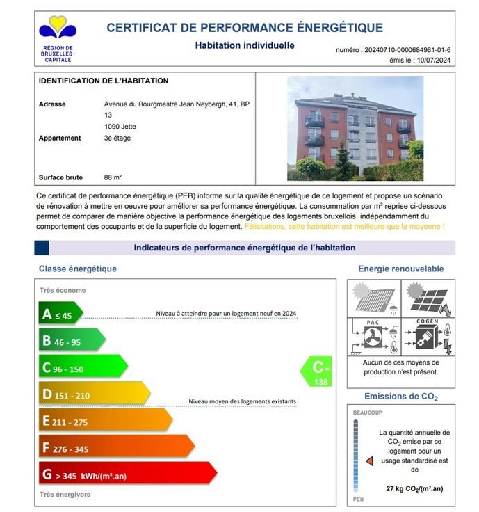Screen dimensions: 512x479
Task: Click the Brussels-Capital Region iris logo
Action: [x=58, y=29]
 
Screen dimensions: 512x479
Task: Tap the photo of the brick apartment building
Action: [x=355, y=129]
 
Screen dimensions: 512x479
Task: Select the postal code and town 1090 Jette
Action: [x=120, y=127]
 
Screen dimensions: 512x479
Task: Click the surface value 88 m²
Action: [x=113, y=177]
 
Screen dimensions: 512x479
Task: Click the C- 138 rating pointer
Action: [x=318, y=371]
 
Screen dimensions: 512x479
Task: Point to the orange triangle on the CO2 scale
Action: [x=369, y=460]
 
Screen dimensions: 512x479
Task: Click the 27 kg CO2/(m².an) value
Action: [x=414, y=488]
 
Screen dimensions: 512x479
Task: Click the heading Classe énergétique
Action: [x=78, y=269]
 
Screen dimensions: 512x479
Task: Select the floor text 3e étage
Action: [x=117, y=138]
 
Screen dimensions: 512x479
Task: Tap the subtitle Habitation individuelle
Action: [x=245, y=46]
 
